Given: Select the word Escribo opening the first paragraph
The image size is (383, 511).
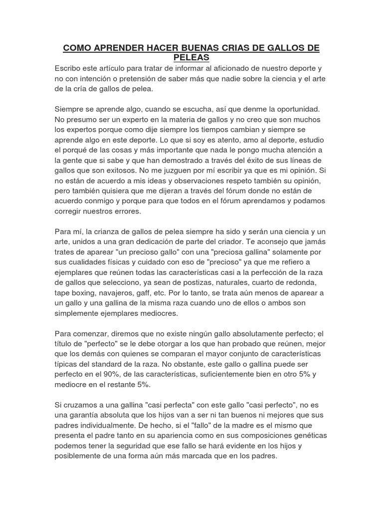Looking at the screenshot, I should pyautogui.click(x=70, y=68).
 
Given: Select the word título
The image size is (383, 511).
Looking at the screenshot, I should pyautogui.click(x=65, y=344).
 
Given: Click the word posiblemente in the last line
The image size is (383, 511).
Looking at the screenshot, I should pyautogui.click(x=81, y=456).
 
